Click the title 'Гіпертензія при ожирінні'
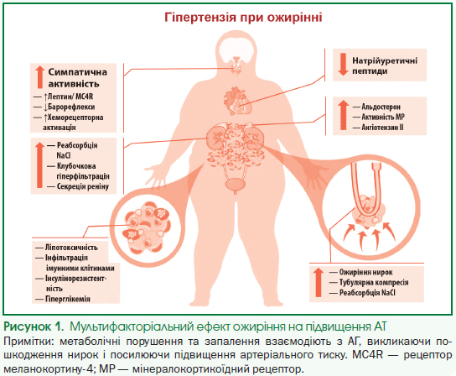[x=243, y=18]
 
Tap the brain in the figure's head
[x=236, y=50]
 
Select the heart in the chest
[x=238, y=101]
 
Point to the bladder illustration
[x=236, y=185]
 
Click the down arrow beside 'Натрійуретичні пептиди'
[x=343, y=65]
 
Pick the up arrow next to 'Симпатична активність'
[x=40, y=77]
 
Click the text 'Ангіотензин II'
[x=382, y=128]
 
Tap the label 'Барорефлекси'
[x=71, y=107]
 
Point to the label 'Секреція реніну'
[x=83, y=186]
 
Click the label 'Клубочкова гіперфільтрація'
[x=83, y=171]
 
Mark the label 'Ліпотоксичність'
[x=71, y=248]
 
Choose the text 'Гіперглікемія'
[x=68, y=299]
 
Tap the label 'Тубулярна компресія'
[x=374, y=282]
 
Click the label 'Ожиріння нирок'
[x=365, y=272]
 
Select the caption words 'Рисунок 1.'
[x=34, y=326]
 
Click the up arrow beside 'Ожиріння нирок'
[x=319, y=283]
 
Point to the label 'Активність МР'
[x=383, y=117]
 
